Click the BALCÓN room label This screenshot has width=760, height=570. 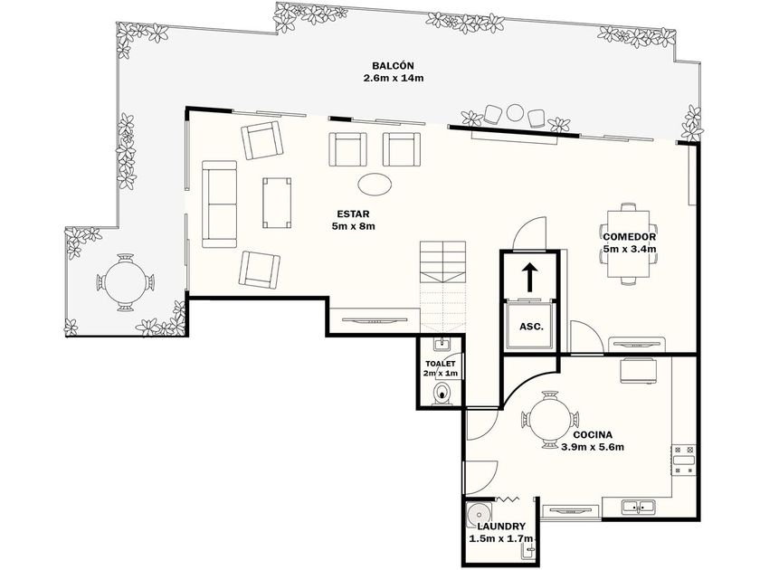click(x=393, y=65)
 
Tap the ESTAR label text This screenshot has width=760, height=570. click(x=354, y=214)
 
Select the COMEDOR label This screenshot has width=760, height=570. click(x=630, y=237)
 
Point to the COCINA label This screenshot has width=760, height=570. click(x=593, y=435)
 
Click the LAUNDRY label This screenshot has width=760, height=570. click(x=501, y=527)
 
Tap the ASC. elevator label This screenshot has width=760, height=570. click(x=531, y=327)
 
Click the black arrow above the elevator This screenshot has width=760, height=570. click(x=530, y=277)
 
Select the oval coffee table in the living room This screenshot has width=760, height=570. click(x=375, y=185)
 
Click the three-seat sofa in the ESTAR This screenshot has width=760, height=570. click(x=219, y=204)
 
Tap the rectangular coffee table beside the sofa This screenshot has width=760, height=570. click(x=277, y=203)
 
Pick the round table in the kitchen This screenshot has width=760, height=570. click(x=550, y=420)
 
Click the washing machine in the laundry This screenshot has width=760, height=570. click(x=479, y=514)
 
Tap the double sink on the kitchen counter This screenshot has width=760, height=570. click(x=639, y=507)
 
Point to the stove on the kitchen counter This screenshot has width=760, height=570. click(x=684, y=460)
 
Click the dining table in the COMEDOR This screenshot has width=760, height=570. click(x=629, y=243)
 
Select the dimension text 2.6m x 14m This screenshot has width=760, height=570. click(x=394, y=78)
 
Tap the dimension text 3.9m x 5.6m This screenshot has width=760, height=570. click(x=593, y=447)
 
